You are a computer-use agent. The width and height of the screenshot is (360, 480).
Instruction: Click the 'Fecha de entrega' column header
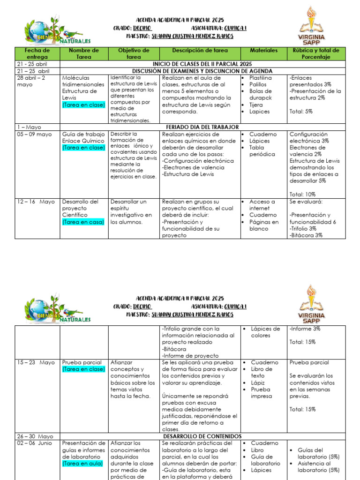(x=37, y=53)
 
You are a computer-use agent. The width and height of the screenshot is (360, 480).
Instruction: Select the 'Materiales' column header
(x=263, y=50)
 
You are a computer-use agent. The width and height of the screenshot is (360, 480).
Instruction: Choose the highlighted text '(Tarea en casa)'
(x=83, y=222)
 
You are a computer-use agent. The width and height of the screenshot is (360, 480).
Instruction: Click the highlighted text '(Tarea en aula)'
(x=82, y=464)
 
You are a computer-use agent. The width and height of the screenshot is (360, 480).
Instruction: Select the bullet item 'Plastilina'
(x=260, y=78)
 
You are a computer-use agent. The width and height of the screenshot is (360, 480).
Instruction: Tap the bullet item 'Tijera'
(x=256, y=105)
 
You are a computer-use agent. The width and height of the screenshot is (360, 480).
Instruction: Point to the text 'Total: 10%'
(x=302, y=194)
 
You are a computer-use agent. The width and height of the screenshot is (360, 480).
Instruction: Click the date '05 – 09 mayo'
(x=35, y=135)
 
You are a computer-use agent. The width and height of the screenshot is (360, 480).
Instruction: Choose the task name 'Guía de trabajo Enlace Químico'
(x=83, y=137)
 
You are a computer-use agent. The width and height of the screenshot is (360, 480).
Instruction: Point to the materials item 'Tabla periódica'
(x=262, y=151)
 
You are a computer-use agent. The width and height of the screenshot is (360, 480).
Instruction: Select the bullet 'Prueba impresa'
(x=260, y=392)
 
